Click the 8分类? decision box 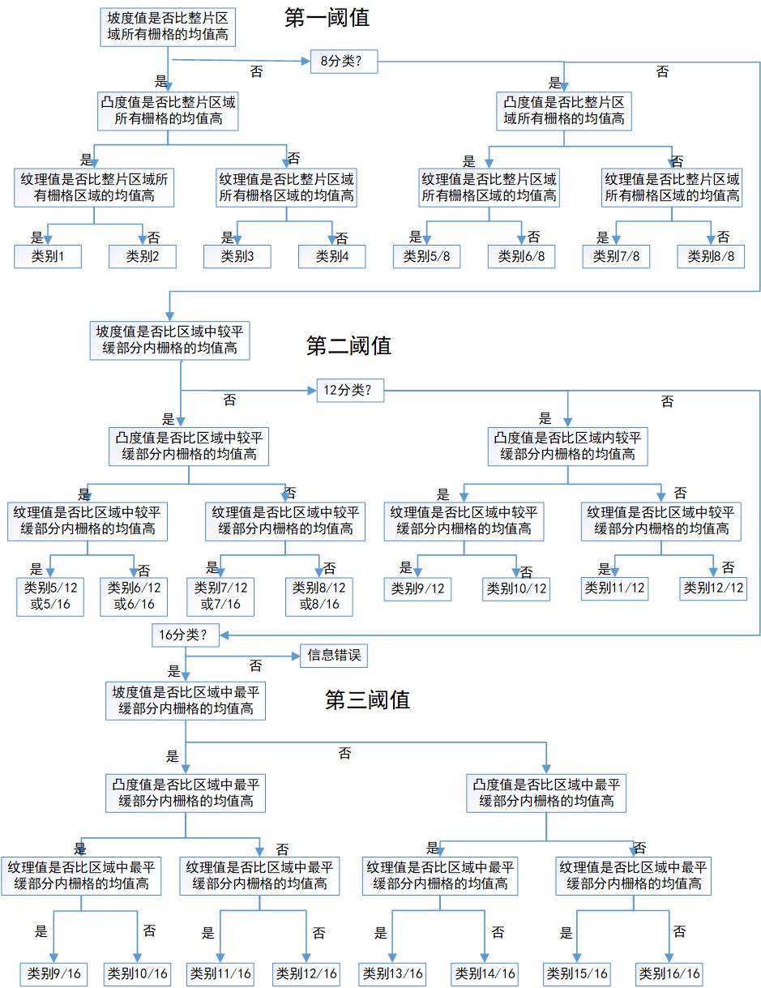pyautogui.click(x=344, y=61)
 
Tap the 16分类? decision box pyautogui.click(x=186, y=635)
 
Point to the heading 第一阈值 pyautogui.click(x=327, y=18)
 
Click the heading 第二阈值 pyautogui.click(x=348, y=346)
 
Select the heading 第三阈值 pyautogui.click(x=367, y=699)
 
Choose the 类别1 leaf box pyautogui.click(x=49, y=256)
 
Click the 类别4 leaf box pyautogui.click(x=332, y=256)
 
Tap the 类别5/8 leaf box pyautogui.click(x=427, y=256)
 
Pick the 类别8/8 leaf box pyautogui.click(x=711, y=256)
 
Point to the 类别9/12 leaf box pyautogui.click(x=417, y=588)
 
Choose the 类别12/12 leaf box pyautogui.click(x=712, y=588)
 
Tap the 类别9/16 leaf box pyautogui.click(x=53, y=973)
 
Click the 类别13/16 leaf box pyautogui.click(x=393, y=973)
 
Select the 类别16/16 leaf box pyautogui.click(x=669, y=973)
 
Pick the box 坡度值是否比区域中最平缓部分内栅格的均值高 pyautogui.click(x=186, y=700)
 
